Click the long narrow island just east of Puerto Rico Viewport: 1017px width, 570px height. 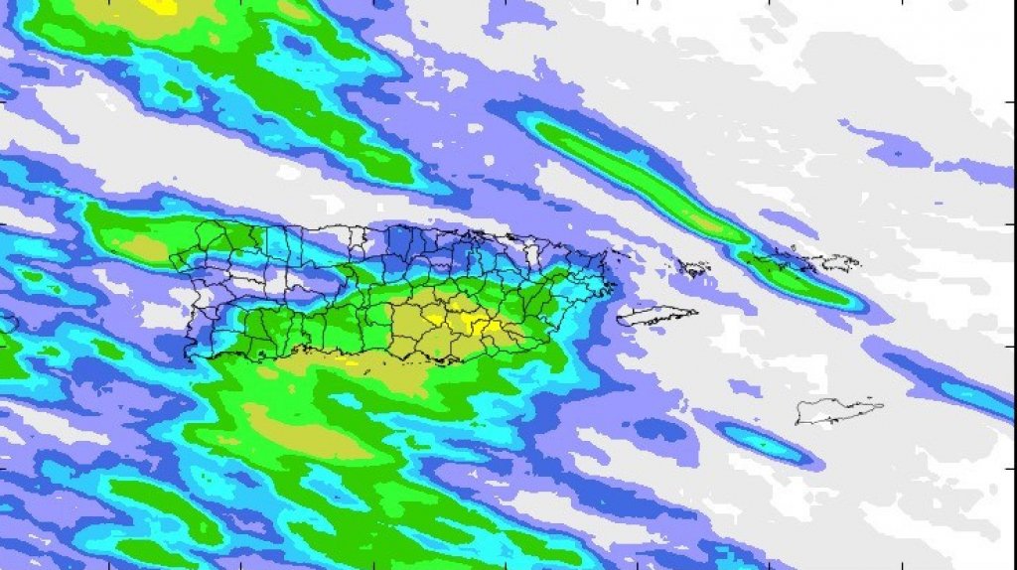[655, 315]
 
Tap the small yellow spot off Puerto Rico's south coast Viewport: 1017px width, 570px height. [350, 361]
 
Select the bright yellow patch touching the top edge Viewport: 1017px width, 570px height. [159, 6]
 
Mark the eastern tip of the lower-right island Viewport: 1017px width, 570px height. [882, 404]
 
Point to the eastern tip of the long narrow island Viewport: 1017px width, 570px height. [697, 312]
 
